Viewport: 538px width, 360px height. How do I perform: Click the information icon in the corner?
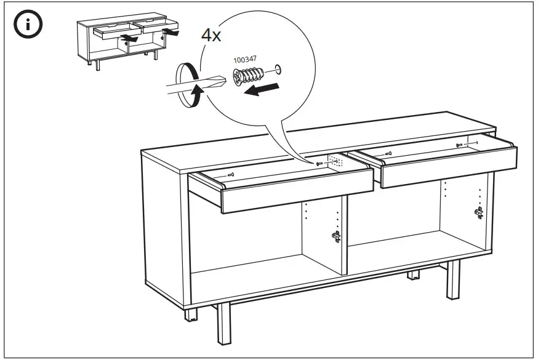coord(28,25)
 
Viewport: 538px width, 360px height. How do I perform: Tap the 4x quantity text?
coord(211,35)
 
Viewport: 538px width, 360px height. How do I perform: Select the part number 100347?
coord(245,60)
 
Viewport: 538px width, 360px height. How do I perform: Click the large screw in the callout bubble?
coord(247,76)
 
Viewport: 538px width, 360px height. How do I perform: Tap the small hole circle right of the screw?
coord(278,70)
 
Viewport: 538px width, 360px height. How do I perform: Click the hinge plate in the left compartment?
coord(336,236)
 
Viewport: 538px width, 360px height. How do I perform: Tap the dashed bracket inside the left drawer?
coord(335,161)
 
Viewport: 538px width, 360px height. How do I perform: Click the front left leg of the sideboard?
coord(224,324)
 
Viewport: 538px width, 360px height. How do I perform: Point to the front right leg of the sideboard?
coord(453,280)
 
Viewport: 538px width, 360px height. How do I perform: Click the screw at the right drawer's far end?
coord(459,145)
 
